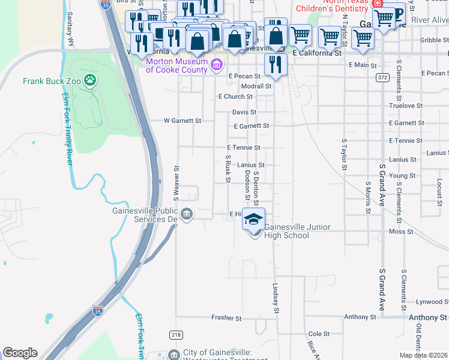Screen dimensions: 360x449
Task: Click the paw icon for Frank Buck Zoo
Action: coord(89,80)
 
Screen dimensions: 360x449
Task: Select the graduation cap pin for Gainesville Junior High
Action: coord(253,219)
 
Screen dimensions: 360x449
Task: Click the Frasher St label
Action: coord(226,318)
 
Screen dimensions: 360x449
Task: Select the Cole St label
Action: coord(318,334)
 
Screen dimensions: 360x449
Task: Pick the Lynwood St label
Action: coord(427,302)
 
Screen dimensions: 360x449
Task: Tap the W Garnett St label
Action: coord(182,121)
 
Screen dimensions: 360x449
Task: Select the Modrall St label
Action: coord(256,86)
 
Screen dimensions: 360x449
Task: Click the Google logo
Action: coord(20,353)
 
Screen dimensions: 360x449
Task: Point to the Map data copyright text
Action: coord(424,355)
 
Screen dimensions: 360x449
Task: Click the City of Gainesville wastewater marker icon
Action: coord(173,354)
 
